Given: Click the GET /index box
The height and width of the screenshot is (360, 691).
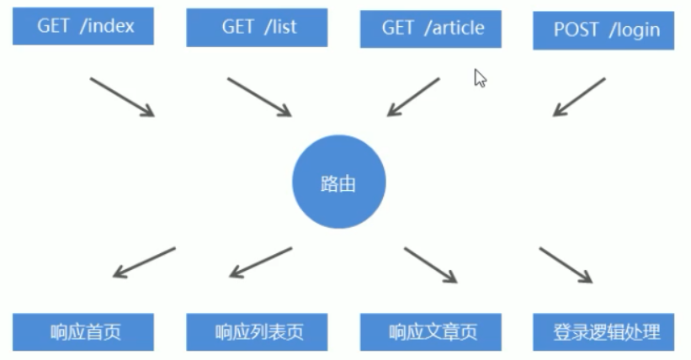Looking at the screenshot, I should click(84, 27).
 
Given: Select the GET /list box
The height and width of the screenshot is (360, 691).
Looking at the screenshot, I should click(257, 28).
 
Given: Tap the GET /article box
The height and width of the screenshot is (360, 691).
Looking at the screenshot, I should click(431, 29).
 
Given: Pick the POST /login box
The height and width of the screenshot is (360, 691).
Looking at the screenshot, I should click(603, 30).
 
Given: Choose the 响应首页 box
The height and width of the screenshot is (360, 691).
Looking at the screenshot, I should click(84, 331).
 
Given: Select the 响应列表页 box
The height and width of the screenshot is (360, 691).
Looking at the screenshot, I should click(257, 331).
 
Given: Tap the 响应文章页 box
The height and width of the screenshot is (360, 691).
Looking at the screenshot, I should click(431, 331).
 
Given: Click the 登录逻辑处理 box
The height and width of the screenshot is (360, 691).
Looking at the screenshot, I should click(603, 331).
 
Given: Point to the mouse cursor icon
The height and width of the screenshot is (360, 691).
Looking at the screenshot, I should click(480, 78).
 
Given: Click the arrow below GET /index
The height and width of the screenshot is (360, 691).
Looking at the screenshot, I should click(122, 97).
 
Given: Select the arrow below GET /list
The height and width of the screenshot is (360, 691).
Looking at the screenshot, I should click(259, 97).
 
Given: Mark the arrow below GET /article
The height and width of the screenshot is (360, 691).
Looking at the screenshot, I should click(413, 97).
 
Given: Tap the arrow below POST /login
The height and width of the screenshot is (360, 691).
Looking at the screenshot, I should click(579, 97).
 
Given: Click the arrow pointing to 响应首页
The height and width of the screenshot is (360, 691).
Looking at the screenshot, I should click(144, 262).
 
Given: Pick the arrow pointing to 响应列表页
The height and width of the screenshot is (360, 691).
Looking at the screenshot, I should click(260, 262).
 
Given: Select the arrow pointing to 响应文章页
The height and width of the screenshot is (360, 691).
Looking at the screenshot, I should click(430, 265).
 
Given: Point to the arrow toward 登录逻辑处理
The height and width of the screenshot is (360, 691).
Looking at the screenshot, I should click(566, 265).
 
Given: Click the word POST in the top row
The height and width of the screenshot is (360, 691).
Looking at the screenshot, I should click(577, 30).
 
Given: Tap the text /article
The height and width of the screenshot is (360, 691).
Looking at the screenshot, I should click(454, 28).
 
